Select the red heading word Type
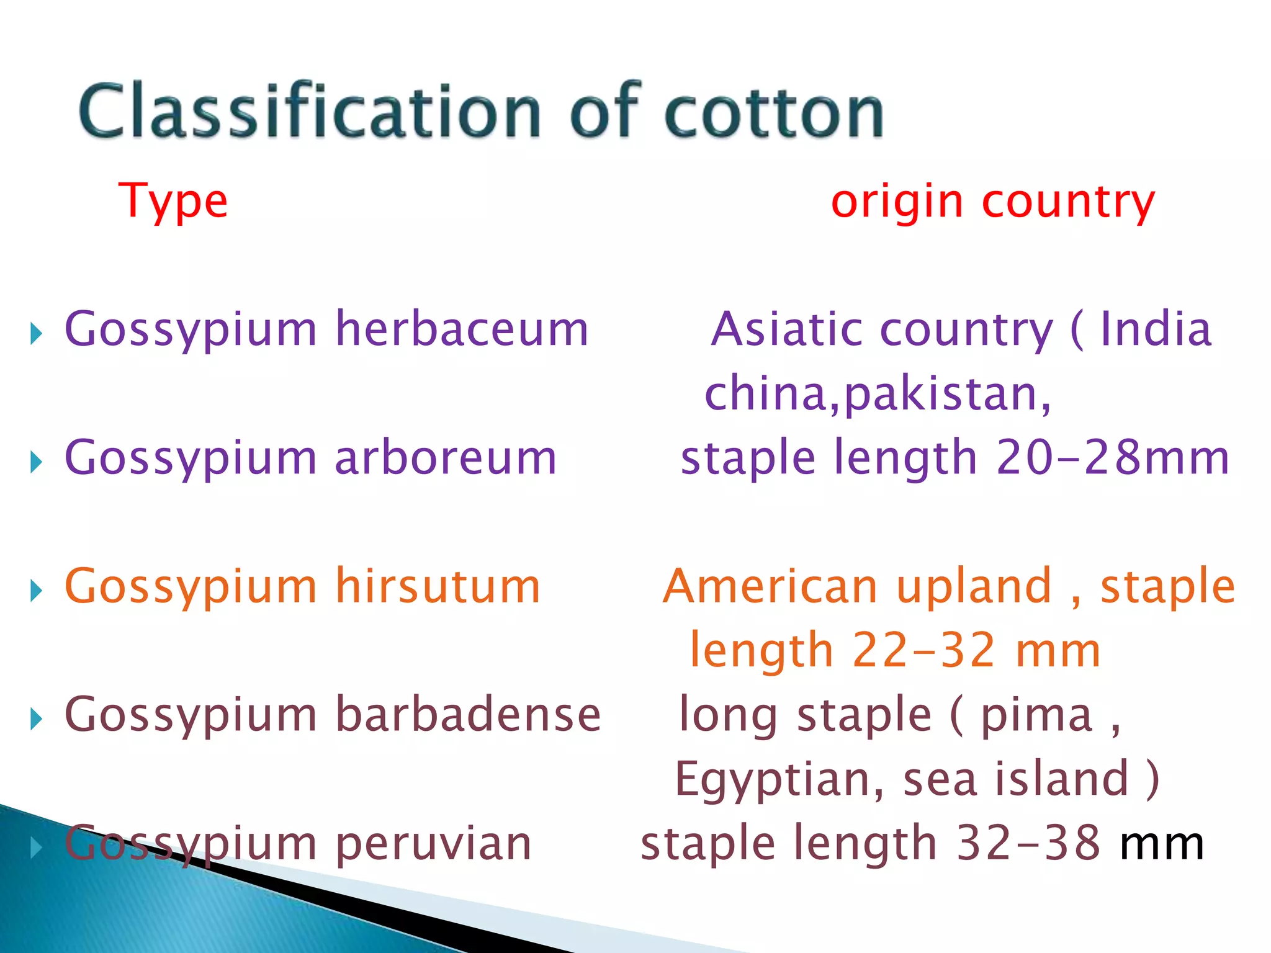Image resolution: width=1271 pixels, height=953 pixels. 173,202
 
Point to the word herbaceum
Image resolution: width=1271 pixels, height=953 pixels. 462,329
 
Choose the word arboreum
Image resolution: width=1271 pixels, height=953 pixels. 446,457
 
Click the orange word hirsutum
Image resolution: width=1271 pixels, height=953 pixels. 438,586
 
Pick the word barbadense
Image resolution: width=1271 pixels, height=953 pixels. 469,714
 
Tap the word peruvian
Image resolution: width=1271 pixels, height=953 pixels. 433,844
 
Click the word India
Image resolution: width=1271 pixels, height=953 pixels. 1156,329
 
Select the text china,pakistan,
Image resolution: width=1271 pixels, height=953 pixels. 878,393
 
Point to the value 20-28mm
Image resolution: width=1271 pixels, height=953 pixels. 1113,457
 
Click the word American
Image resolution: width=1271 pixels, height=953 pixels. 770,586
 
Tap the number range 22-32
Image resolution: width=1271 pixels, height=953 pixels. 924,650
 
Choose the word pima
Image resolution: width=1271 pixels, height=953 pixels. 1036,715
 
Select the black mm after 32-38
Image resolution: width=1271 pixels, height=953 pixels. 1161,844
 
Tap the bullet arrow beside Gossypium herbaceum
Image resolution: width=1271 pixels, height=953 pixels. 36,334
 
